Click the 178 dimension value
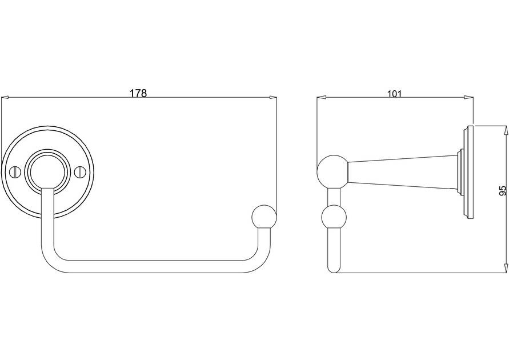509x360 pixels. click(x=138, y=93)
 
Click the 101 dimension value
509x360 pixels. click(x=394, y=94)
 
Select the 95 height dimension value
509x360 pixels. click(x=503, y=191)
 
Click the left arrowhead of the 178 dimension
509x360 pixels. click(x=5, y=97)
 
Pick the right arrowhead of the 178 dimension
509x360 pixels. click(x=273, y=97)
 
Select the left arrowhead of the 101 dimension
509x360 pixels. click(x=321, y=97)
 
